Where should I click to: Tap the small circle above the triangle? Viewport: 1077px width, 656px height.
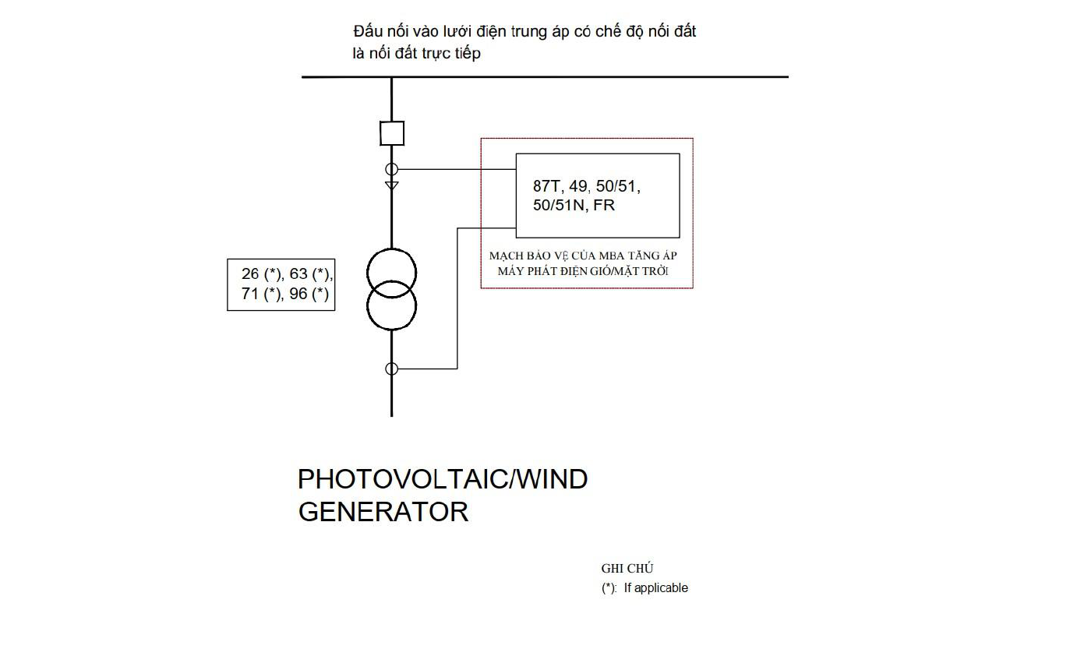click(392, 164)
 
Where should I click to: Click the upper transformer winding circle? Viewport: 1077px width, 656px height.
click(392, 249)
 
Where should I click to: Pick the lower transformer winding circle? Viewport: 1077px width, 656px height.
click(392, 330)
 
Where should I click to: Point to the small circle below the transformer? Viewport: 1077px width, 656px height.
click(392, 363)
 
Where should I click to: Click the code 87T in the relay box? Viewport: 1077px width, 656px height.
click(547, 186)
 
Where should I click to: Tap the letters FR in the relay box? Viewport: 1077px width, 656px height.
click(604, 205)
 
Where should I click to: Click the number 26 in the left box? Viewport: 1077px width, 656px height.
click(250, 273)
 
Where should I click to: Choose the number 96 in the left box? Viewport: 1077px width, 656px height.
click(298, 293)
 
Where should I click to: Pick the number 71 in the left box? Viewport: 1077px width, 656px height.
click(250, 293)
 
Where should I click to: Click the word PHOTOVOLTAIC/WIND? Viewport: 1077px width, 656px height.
click(443, 479)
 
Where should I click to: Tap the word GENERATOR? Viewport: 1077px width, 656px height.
click(383, 511)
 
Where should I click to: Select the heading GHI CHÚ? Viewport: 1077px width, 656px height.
click(627, 569)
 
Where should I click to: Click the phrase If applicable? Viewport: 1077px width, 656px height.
click(656, 587)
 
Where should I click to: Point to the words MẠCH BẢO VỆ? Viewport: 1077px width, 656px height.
click(528, 256)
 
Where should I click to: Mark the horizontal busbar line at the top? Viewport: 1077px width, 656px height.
click(545, 77)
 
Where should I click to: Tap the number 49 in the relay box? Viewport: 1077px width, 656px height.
click(578, 186)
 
